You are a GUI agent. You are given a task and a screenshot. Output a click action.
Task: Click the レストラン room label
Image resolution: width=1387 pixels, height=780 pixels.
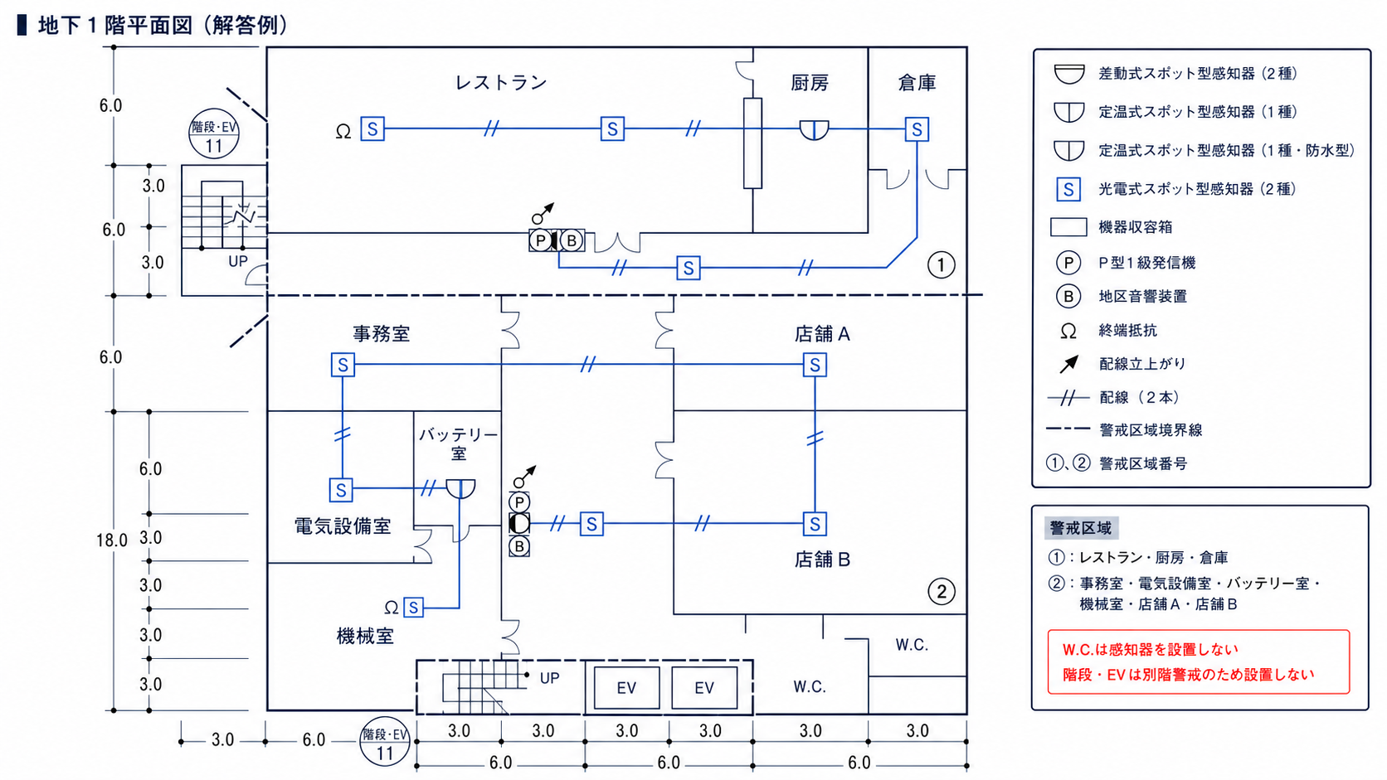pos(501,82)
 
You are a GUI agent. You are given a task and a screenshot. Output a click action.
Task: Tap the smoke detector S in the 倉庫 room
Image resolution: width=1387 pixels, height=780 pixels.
pos(917,129)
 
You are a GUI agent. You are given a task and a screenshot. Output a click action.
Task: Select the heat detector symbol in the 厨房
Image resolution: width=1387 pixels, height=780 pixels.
pos(814,130)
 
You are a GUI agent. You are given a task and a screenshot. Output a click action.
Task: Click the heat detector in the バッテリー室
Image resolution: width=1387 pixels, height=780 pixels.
pos(460,488)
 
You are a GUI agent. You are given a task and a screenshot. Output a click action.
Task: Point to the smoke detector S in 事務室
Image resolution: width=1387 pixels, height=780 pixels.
pos(343,365)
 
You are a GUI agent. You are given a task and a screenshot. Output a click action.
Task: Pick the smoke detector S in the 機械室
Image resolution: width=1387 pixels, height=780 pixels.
pos(413,608)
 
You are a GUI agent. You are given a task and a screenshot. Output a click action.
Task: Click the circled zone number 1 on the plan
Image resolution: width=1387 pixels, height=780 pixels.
pos(941,265)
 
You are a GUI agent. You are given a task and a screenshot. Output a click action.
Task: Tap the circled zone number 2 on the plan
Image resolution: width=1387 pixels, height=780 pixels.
pos(942,592)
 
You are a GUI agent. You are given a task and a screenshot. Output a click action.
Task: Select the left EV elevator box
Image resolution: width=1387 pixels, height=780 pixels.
pos(626,687)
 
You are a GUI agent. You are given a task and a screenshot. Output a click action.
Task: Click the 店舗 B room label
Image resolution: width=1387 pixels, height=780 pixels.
pos(822,560)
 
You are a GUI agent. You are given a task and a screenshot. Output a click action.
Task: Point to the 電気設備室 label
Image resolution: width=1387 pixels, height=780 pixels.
pos(343,526)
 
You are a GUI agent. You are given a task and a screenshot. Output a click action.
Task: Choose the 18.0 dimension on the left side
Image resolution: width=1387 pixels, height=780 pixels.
pos(111,540)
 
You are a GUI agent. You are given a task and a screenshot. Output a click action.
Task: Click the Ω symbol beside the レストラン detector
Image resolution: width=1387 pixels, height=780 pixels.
pos(343,131)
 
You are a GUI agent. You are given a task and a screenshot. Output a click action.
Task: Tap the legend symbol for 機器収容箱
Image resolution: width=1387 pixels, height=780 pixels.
pos(1068,227)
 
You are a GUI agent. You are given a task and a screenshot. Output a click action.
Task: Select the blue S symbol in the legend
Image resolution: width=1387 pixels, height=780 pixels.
pos(1068,189)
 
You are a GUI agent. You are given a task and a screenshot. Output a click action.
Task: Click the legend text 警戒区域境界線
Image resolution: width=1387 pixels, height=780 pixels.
pos(1150,430)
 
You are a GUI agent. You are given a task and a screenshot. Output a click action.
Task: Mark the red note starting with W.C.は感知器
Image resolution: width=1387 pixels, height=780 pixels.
pos(1151,650)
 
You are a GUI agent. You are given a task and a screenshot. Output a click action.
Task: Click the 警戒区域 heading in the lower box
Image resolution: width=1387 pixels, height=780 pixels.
pos(1081,528)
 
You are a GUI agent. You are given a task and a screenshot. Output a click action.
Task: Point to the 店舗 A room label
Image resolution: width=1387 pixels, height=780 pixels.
pos(822,334)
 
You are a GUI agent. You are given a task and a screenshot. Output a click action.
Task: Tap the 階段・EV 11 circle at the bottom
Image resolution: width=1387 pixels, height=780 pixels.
pos(385,742)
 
